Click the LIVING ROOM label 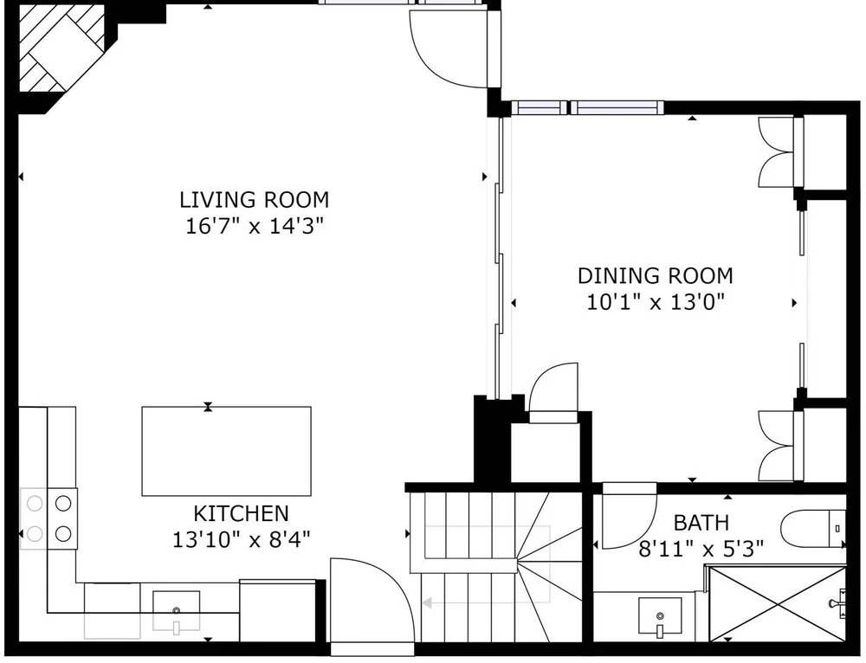tap(254, 199)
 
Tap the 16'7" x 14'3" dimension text tap(254, 226)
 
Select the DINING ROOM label tap(655, 275)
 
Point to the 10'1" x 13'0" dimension tap(655, 302)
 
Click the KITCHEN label tap(241, 513)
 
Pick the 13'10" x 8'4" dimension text tap(242, 539)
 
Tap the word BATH tap(701, 522)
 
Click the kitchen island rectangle tap(226, 451)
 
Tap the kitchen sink tap(176, 610)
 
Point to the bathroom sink tap(659, 615)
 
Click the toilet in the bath tap(813, 528)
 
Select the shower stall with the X tap(777, 602)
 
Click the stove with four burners tap(48, 519)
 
